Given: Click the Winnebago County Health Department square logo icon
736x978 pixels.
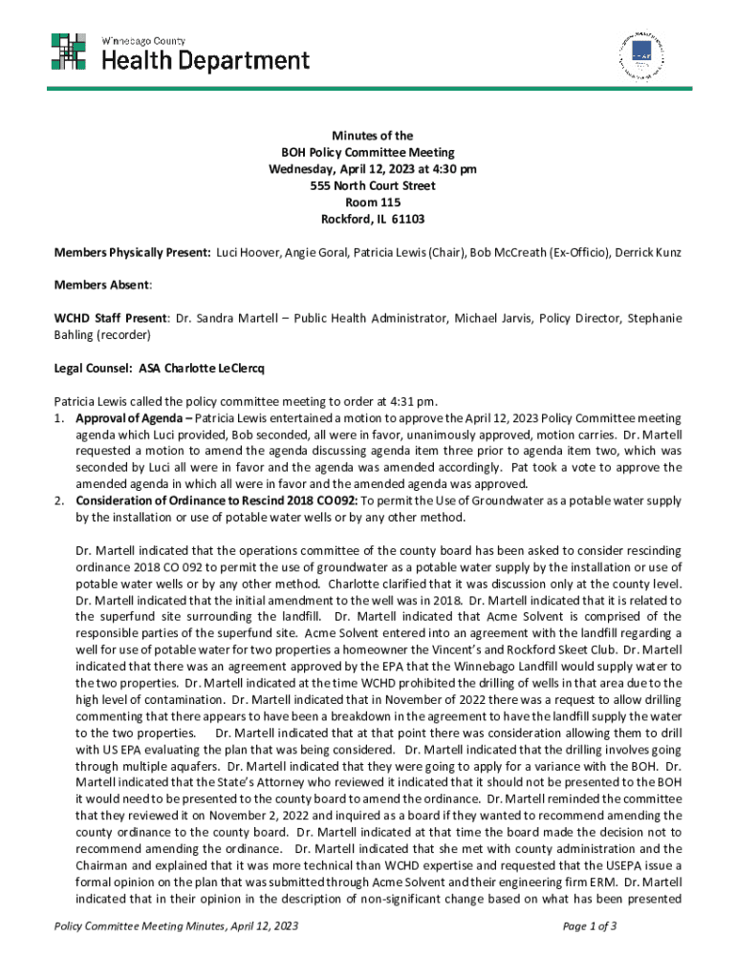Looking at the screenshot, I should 70,51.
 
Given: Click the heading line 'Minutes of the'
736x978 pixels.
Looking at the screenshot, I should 367,137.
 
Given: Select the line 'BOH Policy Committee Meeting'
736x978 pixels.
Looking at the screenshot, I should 367,153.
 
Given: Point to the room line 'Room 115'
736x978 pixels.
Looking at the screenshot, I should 367,202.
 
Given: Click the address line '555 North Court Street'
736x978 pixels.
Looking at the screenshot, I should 367,186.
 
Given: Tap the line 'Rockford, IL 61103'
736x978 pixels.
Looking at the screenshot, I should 367,219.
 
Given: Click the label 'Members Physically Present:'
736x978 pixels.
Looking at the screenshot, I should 132,251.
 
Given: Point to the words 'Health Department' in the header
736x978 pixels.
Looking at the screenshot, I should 206,61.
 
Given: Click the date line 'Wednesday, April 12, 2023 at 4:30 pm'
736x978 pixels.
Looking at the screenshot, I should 367,169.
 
